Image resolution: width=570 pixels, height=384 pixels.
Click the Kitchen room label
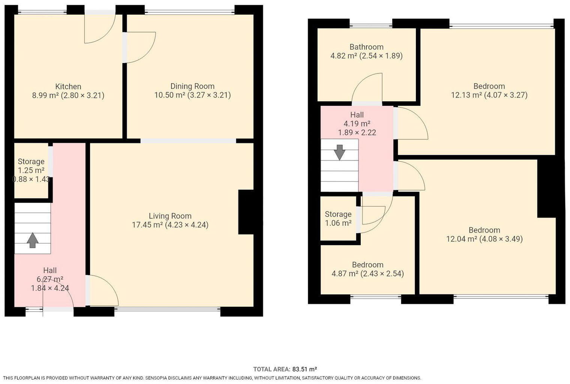[x=68, y=87]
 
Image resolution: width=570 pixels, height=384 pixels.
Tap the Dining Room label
[x=192, y=86]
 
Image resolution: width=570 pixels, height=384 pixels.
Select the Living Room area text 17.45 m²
[x=147, y=225]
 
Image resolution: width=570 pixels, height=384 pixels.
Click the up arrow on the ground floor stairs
[x=33, y=240]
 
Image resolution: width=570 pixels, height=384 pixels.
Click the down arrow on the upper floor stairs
[x=339, y=152]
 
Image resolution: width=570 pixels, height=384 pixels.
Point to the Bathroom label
[x=366, y=47]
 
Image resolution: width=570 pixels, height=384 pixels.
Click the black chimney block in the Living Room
[x=246, y=212]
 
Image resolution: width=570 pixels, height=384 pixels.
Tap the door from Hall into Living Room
[x=102, y=291]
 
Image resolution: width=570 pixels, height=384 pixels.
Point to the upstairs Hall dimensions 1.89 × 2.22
[x=357, y=132]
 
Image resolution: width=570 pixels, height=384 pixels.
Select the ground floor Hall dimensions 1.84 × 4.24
[x=50, y=288]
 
